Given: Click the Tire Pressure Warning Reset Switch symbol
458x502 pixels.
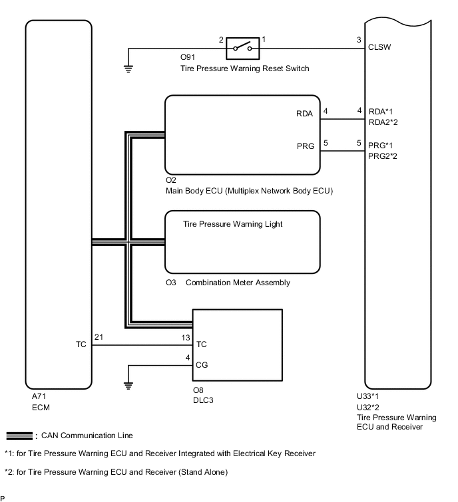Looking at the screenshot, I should coord(241,48).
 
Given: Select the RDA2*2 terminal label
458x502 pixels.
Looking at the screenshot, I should coord(383,122).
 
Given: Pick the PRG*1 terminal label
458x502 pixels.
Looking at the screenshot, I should coord(381,144).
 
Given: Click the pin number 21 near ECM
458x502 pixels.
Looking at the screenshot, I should coord(99,338).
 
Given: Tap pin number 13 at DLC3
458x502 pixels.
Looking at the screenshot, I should coord(187,338).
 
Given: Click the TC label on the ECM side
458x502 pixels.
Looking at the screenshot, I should coord(81,345).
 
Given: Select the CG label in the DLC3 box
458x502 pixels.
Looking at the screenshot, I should coord(201,364).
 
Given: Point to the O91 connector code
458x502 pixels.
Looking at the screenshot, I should coord(188,58).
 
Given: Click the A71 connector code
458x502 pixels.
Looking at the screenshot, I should coord(40,396).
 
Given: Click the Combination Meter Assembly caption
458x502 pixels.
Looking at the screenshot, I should coord(238,283).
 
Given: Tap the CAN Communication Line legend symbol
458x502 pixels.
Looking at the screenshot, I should coord(20,436).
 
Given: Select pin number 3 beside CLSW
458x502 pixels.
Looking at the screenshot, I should coord(359,39).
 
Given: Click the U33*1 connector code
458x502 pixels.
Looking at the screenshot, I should coord(369,397).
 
